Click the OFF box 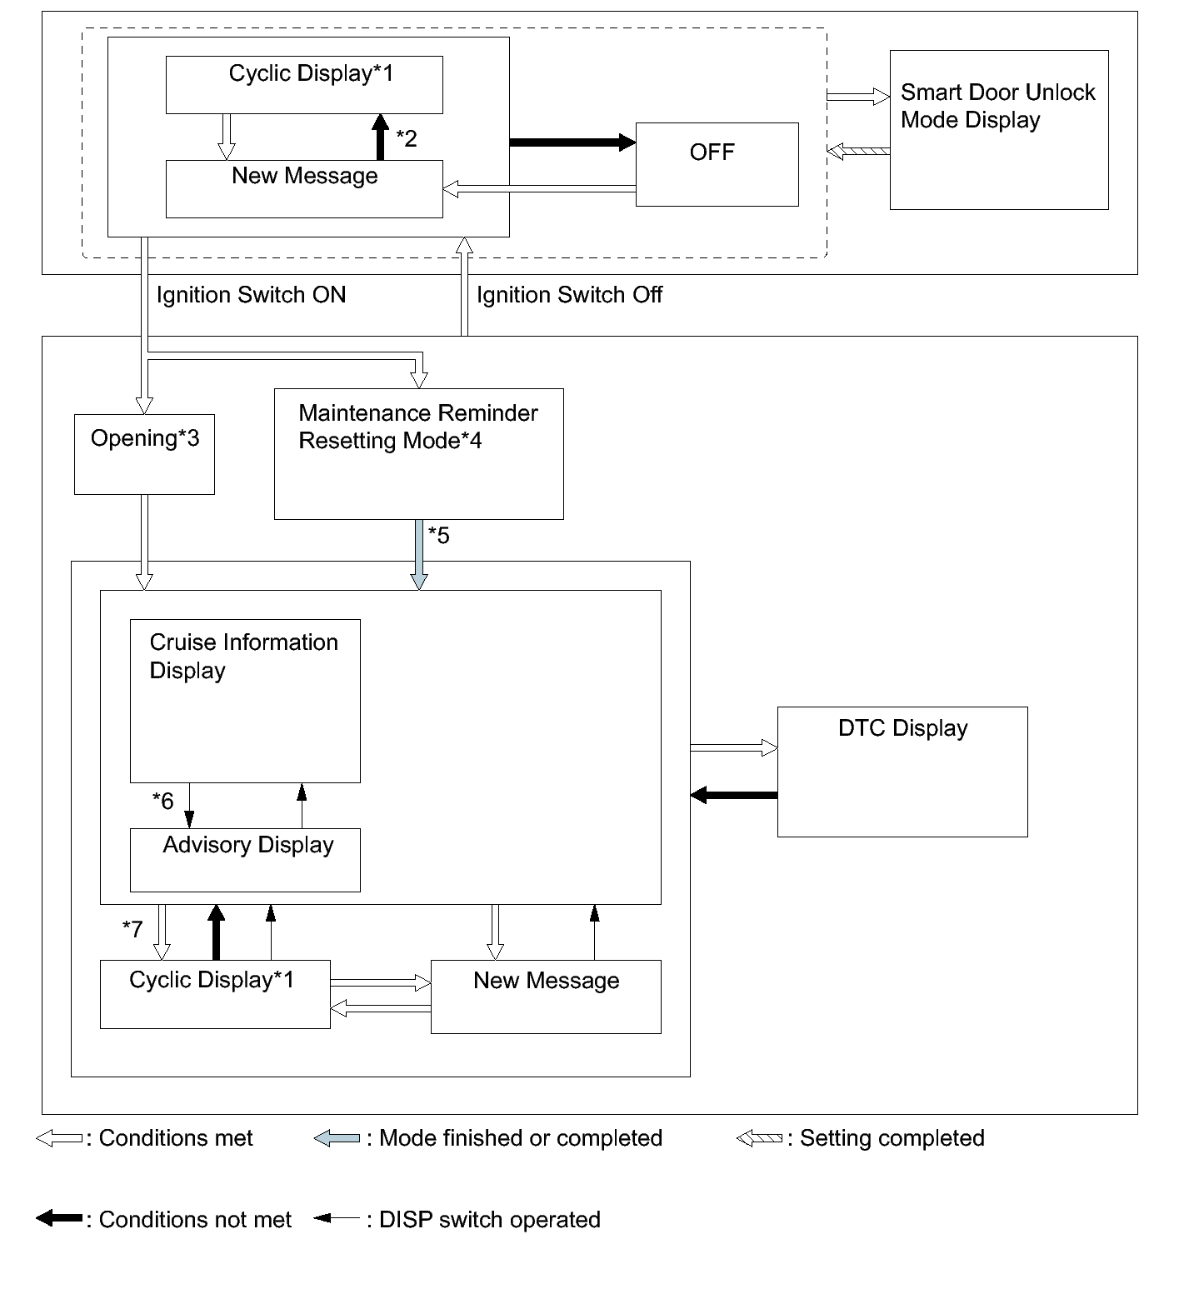pyautogui.click(x=717, y=164)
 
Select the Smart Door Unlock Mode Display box pyautogui.click(x=999, y=129)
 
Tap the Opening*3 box pyautogui.click(x=144, y=454)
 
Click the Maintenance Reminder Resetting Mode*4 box pyautogui.click(x=419, y=453)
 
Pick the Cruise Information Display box pyautogui.click(x=245, y=701)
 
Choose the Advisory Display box pyautogui.click(x=245, y=860)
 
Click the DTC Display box pyautogui.click(x=902, y=772)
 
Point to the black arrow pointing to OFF pyautogui.click(x=572, y=142)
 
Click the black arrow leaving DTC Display pyautogui.click(x=734, y=795)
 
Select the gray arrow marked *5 pyautogui.click(x=419, y=555)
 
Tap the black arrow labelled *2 pyautogui.click(x=381, y=137)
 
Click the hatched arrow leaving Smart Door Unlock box pyautogui.click(x=858, y=152)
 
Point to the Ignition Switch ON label pyautogui.click(x=251, y=295)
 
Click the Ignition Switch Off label pyautogui.click(x=569, y=295)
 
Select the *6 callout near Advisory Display pyautogui.click(x=162, y=801)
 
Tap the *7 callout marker pyautogui.click(x=132, y=928)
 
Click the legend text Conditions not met pyautogui.click(x=195, y=1220)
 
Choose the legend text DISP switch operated pyautogui.click(x=490, y=1220)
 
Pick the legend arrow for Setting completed pyautogui.click(x=759, y=1138)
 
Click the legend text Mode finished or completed pyautogui.click(x=521, y=1138)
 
